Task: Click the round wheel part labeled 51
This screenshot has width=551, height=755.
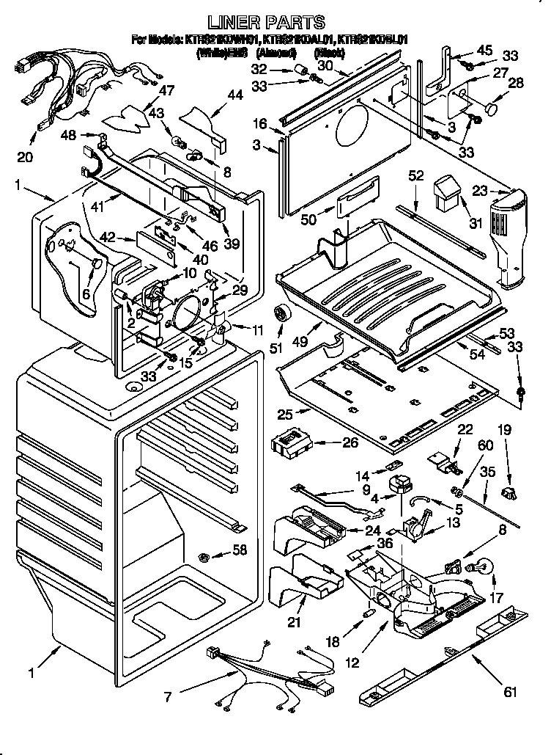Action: [281, 313]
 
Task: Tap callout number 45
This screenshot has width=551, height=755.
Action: [485, 50]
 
